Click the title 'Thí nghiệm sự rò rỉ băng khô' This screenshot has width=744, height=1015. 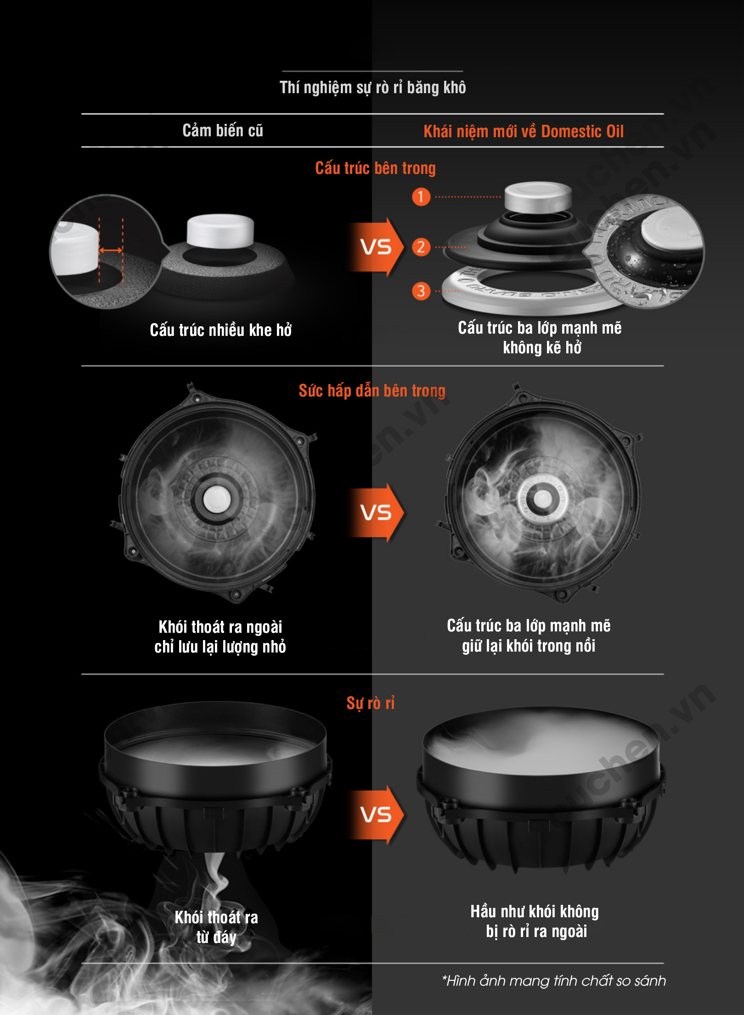[372, 87]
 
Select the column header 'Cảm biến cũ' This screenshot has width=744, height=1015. [223, 131]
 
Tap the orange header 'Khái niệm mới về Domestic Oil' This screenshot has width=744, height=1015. [524, 132]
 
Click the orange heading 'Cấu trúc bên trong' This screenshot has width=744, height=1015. [375, 168]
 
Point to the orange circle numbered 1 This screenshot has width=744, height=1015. [421, 197]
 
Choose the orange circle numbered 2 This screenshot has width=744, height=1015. [421, 247]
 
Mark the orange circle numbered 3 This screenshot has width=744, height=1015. [421, 291]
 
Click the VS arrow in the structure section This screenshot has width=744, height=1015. [376, 247]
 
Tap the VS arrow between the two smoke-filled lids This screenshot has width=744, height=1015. [376, 513]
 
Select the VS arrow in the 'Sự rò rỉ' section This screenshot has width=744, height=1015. [376, 815]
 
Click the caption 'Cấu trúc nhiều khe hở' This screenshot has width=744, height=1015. [221, 330]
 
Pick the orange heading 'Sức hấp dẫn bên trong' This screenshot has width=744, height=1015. [372, 390]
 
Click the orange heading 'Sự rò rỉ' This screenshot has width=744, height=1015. [371, 703]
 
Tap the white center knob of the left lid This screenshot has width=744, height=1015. [214, 498]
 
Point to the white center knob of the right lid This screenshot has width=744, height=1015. [542, 498]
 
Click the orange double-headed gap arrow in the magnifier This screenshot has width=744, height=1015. [111, 250]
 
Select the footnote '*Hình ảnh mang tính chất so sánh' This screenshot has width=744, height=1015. [554, 981]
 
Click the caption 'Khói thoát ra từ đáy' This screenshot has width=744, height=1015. [216, 927]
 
